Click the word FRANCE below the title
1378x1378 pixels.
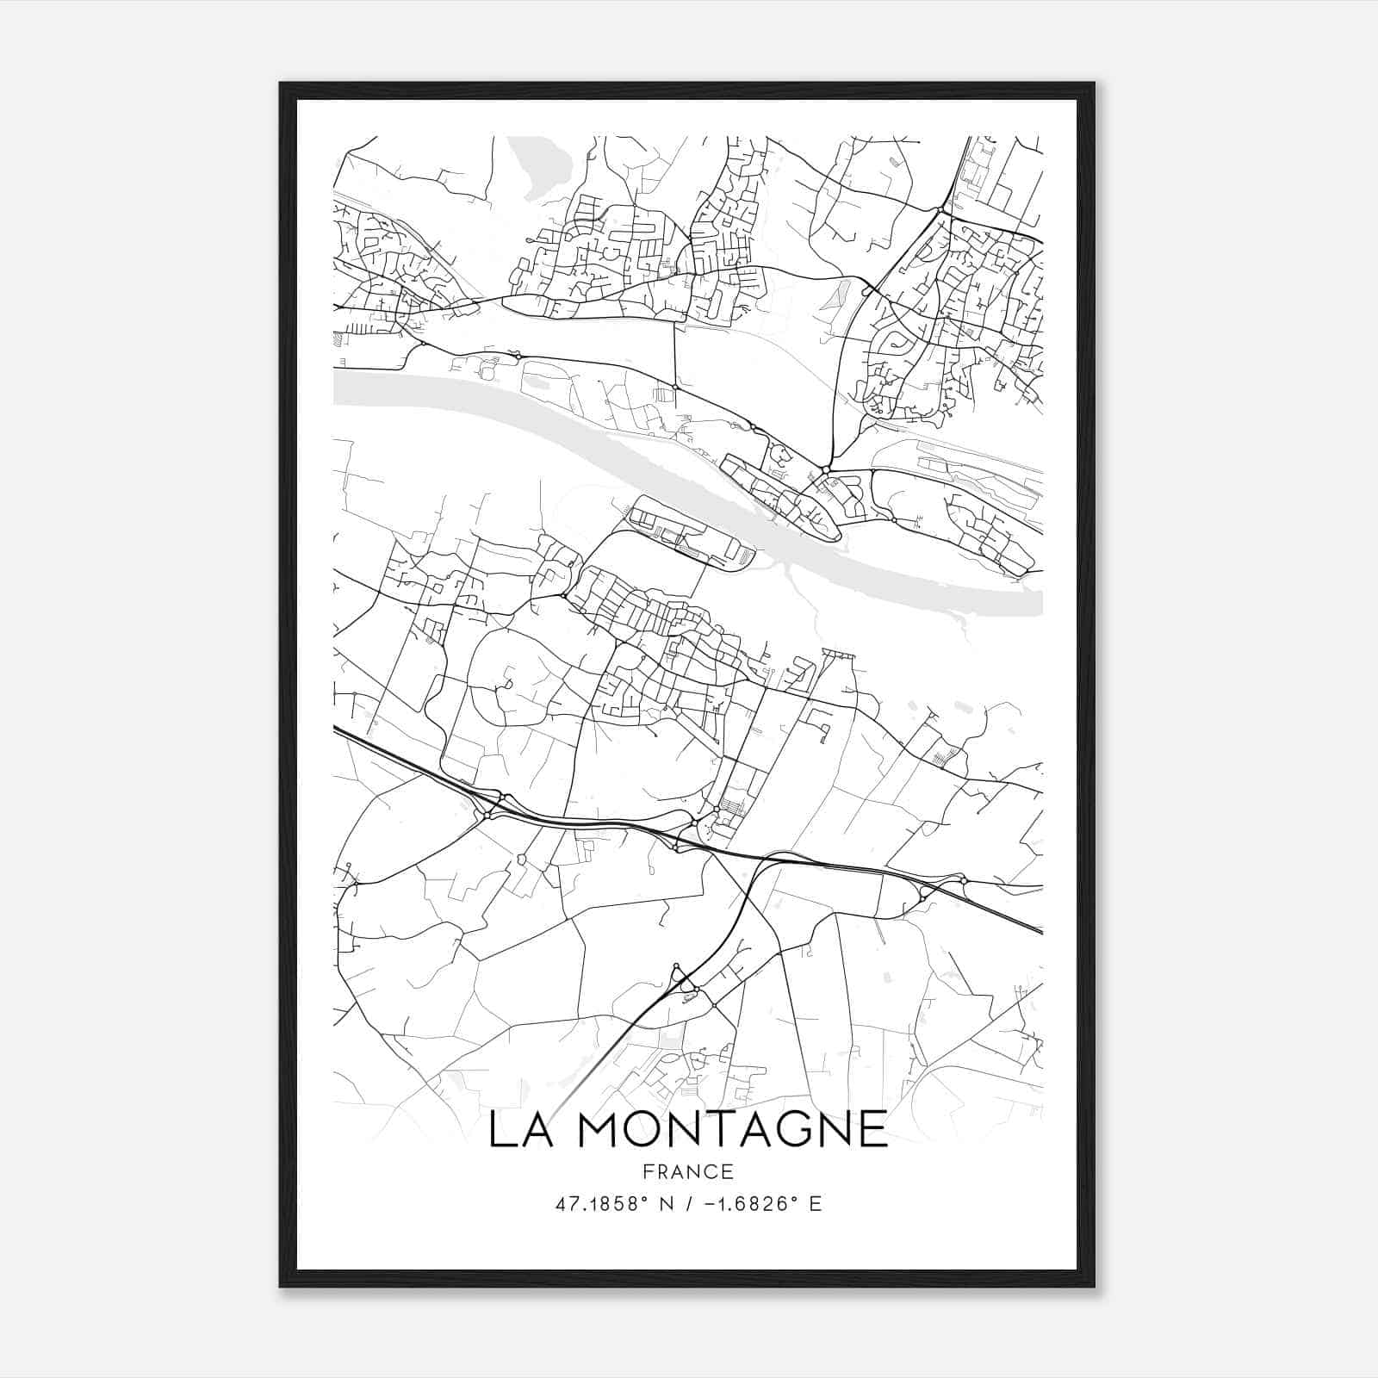click(688, 1172)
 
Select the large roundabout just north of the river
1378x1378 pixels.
click(825, 469)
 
